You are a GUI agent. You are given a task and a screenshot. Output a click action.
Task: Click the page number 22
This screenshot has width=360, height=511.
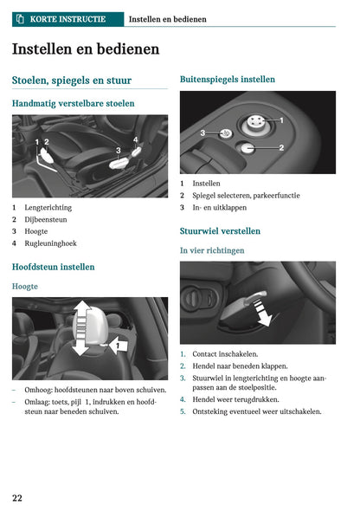click(x=17, y=498)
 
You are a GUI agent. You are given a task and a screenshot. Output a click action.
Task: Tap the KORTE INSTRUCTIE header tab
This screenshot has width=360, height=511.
click(x=67, y=18)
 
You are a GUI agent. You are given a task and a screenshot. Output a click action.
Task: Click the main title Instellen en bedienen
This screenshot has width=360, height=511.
click(x=86, y=49)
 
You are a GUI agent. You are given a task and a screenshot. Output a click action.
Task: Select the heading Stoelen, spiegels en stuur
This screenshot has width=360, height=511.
click(x=72, y=81)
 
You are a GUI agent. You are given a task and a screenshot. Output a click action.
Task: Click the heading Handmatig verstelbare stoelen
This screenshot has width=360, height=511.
click(x=74, y=103)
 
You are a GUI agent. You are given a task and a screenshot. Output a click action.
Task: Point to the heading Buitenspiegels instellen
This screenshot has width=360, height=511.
click(x=228, y=80)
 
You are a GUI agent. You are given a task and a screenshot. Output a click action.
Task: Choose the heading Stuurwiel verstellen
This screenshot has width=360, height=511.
click(x=220, y=231)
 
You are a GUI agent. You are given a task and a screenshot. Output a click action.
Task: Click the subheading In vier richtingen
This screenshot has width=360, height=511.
click(x=212, y=250)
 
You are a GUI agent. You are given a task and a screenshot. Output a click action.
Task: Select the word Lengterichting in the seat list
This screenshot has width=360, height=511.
click(x=48, y=208)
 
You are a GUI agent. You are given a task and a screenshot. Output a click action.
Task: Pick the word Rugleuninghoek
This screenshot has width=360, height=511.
click(x=51, y=243)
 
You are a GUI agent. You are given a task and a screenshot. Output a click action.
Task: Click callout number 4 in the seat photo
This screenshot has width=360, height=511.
click(x=135, y=139)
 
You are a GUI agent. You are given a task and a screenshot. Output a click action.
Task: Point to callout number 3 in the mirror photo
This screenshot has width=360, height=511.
click(x=202, y=133)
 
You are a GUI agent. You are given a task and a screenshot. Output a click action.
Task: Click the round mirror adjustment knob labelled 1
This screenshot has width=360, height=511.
click(x=256, y=122)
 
